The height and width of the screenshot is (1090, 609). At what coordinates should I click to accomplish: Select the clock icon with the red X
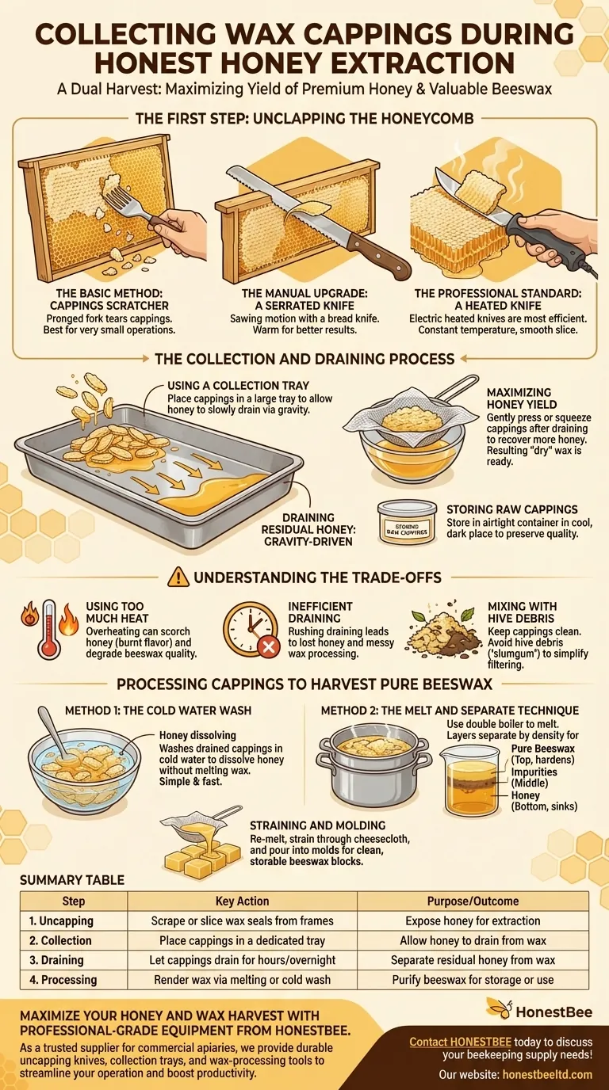[250, 629]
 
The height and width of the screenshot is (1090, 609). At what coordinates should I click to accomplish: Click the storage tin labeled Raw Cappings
[407, 521]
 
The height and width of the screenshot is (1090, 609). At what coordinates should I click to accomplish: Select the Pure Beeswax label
[543, 748]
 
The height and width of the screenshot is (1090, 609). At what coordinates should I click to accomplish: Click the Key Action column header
[242, 901]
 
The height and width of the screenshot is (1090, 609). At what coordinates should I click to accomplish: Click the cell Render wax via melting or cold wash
[242, 980]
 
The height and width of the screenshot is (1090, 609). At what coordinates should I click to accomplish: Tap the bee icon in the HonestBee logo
[500, 1008]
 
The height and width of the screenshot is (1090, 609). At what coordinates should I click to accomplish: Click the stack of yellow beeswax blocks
[201, 858]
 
